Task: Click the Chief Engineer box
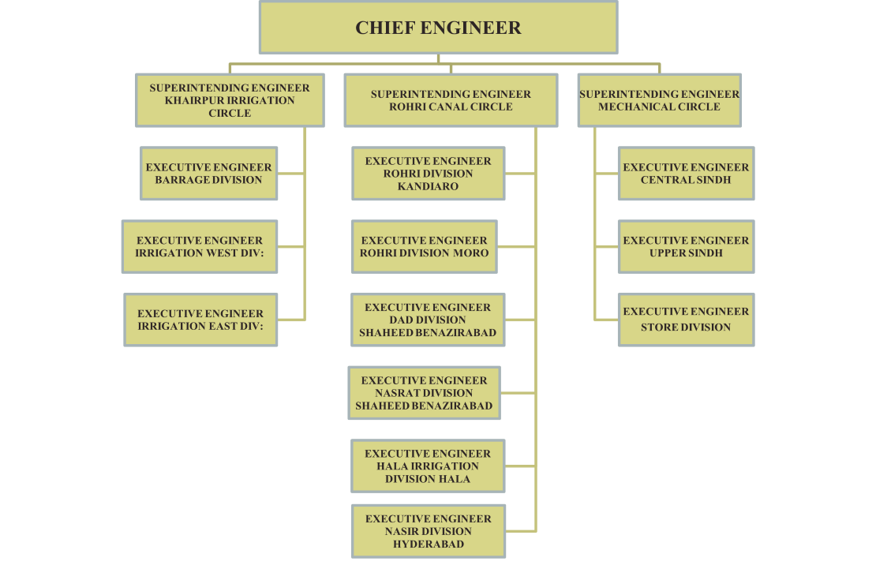438,28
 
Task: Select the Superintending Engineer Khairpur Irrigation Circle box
230,100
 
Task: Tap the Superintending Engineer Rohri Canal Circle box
451,100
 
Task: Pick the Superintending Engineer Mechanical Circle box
660,100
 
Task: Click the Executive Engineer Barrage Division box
209,174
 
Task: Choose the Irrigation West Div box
200,247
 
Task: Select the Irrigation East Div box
200,320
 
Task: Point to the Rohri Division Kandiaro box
429,174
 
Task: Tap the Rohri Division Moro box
425,247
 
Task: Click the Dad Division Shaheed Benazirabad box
428,320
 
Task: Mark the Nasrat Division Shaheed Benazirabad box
425,393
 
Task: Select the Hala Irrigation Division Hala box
428,466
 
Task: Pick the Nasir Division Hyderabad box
429,531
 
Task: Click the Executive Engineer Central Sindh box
686,174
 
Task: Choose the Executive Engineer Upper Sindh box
686,247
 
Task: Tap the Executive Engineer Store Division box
686,320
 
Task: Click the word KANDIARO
429,186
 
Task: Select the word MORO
471,253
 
